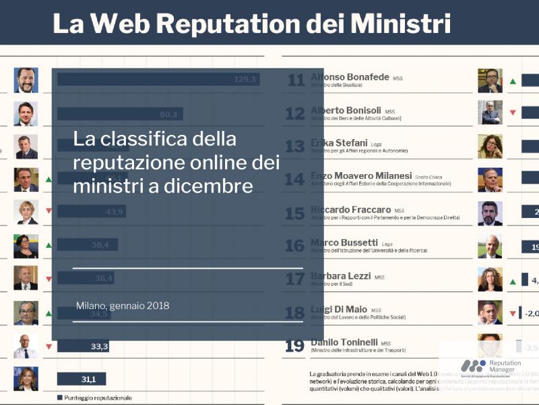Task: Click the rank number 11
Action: (296, 80)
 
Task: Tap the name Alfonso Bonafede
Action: (350, 78)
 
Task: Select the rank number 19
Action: (294, 346)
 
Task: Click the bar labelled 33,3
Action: (83, 347)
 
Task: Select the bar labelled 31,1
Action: (82, 379)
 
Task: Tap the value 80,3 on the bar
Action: (168, 113)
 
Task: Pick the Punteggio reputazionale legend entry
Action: (94, 398)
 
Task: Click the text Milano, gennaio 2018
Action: (123, 306)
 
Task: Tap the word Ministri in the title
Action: (400, 24)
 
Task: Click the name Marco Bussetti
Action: (344, 243)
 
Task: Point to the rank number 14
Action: (294, 180)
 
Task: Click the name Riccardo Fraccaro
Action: (351, 210)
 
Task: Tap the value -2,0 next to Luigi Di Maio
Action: (530, 313)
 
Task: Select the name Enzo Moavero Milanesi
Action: (362, 177)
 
